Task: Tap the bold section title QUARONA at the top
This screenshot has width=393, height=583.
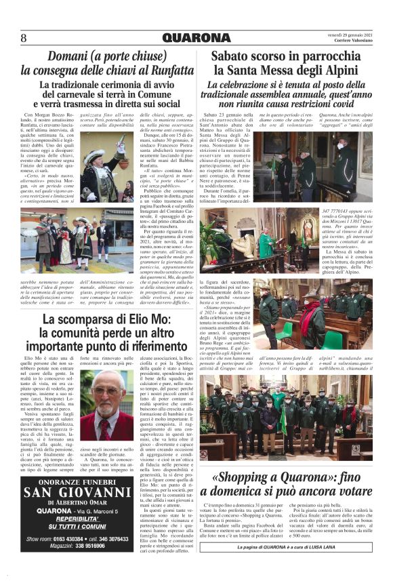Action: pyautogui.click(x=196, y=38)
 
